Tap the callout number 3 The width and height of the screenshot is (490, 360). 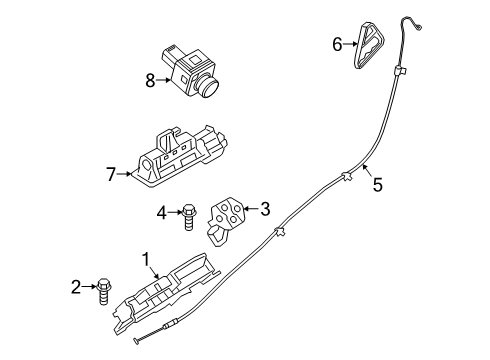(x=265, y=209)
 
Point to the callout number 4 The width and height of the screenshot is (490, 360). (x=161, y=211)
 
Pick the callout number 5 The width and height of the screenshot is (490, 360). (x=377, y=184)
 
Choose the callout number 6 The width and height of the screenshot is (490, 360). (x=338, y=43)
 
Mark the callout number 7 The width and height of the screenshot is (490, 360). (x=112, y=175)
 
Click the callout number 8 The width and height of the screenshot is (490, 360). (x=150, y=81)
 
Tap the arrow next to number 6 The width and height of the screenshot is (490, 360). (x=351, y=43)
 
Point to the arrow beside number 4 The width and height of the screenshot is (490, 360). (x=174, y=211)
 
